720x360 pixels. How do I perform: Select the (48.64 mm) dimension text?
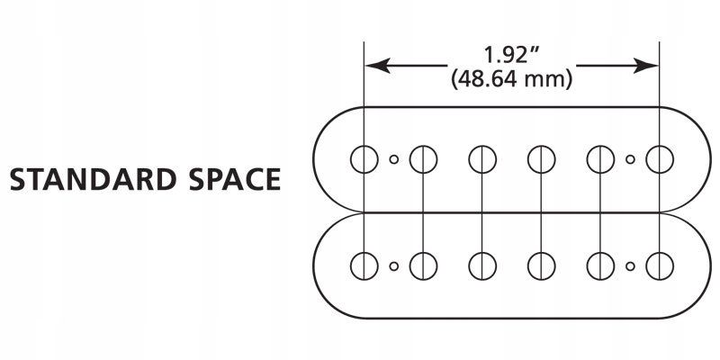pos(511,79)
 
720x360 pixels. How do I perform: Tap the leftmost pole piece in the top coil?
pos(364,159)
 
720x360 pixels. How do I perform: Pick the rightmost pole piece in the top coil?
pos(661,159)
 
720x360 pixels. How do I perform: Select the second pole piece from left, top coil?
pos(423,159)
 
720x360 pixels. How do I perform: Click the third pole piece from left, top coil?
pos(482,159)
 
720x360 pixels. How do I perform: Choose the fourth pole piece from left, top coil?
pos(541,159)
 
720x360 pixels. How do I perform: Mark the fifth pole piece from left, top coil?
pos(600,159)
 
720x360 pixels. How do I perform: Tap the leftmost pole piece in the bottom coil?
pos(364,265)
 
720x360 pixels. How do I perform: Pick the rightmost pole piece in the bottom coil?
pos(661,265)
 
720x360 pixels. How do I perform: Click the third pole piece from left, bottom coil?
pos(482,265)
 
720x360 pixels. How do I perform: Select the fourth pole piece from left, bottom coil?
pos(541,265)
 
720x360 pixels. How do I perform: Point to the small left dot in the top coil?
pos(393,160)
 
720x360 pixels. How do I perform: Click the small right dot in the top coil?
pos(630,160)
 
